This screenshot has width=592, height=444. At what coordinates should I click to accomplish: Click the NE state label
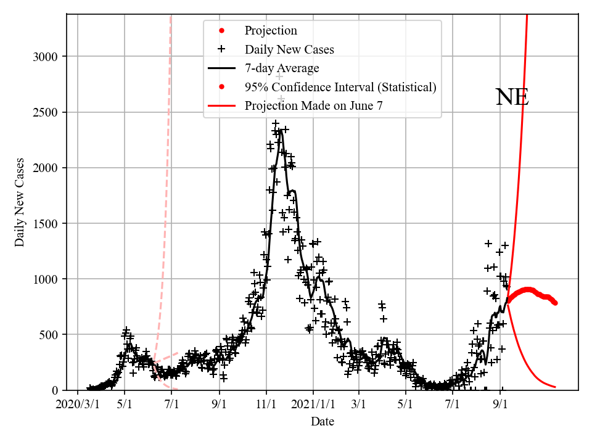(x=512, y=97)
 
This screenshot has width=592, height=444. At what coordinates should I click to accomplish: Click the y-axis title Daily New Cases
(x=20, y=202)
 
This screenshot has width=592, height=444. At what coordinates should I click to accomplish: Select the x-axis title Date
(x=323, y=422)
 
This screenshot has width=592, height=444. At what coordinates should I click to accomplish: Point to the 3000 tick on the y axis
(x=46, y=57)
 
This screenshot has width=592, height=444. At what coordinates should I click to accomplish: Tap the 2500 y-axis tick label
(x=46, y=112)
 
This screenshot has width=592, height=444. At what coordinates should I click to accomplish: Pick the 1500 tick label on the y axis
(x=46, y=223)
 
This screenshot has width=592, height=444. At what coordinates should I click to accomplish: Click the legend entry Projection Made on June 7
(x=313, y=105)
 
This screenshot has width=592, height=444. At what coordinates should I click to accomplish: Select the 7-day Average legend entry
(x=282, y=68)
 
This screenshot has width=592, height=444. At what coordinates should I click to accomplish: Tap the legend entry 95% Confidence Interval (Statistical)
(x=340, y=87)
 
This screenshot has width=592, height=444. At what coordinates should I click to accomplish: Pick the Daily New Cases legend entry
(x=289, y=49)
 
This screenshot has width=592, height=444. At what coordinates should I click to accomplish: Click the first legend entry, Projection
(x=271, y=30)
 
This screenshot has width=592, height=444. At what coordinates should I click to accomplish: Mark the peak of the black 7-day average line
(x=281, y=129)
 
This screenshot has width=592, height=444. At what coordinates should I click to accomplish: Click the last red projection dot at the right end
(x=555, y=303)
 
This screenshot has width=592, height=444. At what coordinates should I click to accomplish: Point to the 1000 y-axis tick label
(x=46, y=279)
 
